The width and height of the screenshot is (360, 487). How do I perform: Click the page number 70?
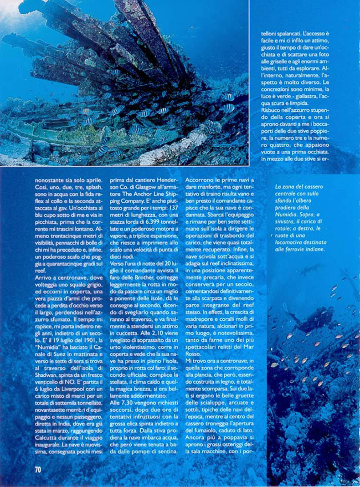(38, 469)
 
